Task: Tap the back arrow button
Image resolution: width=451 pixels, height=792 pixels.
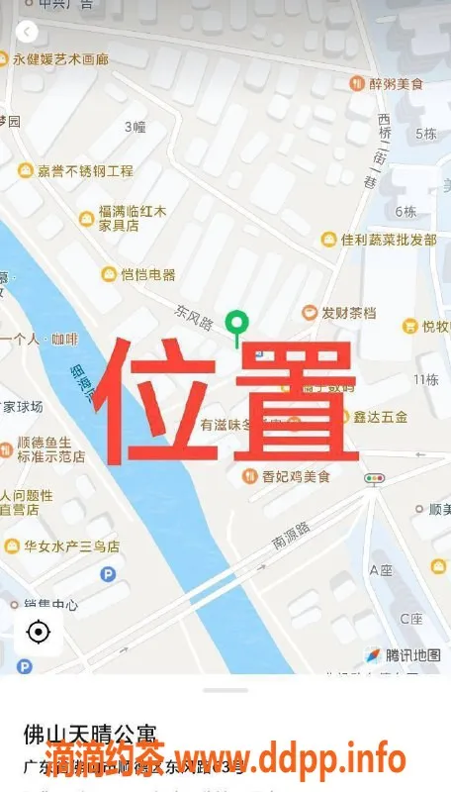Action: click(x=28, y=32)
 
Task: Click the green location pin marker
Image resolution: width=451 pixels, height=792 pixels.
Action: click(x=236, y=324)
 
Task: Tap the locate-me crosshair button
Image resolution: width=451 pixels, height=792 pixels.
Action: click(x=39, y=632)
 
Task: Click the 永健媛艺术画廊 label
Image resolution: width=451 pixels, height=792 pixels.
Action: click(x=60, y=59)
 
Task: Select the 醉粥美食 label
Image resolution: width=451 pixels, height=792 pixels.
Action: click(x=395, y=84)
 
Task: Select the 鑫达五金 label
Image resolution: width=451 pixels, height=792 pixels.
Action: click(x=380, y=417)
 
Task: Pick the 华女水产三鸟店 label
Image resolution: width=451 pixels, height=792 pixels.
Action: click(x=71, y=545)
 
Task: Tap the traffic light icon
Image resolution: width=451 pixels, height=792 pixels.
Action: click(x=373, y=479)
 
